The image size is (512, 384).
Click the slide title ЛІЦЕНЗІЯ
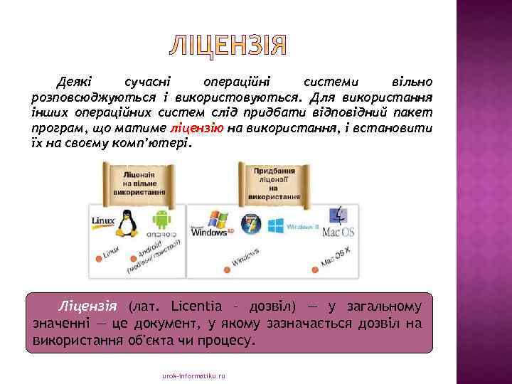point(228,46)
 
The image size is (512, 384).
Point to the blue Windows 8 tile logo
point(274,225)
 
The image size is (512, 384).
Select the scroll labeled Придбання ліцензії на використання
point(274,183)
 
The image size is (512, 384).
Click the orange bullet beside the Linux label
point(96,257)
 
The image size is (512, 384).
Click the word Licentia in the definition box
point(199,307)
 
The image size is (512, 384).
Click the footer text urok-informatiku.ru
point(193,375)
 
